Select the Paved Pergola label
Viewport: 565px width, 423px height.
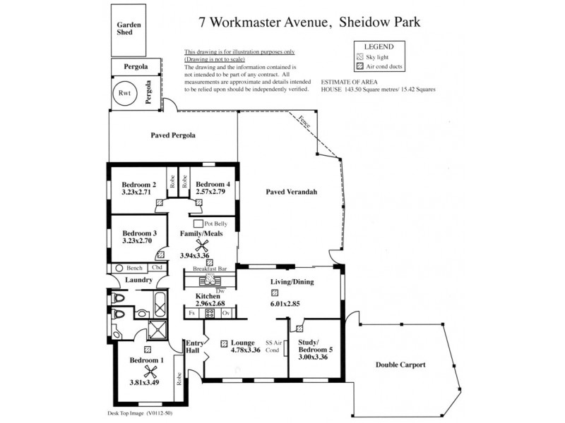click(173, 135)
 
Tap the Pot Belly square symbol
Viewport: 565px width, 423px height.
click(198, 223)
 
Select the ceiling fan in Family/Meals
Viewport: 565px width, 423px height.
click(203, 245)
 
